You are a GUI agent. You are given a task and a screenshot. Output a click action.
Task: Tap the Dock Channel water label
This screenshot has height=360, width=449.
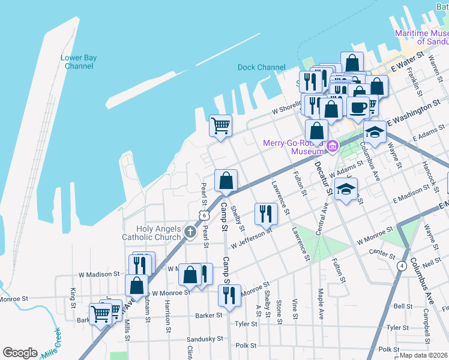click(261, 67)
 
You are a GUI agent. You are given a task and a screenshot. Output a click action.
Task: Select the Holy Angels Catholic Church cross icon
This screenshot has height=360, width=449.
click(190, 231)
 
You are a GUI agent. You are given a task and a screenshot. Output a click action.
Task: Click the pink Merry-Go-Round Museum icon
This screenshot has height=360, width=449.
click(333, 145)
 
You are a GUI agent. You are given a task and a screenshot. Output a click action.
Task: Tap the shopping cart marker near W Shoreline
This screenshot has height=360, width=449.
click(220, 126)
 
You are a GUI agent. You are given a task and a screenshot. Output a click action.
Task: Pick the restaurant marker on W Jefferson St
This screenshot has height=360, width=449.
click(265, 214)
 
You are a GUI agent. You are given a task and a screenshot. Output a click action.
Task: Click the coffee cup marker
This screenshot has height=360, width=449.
click(358, 107)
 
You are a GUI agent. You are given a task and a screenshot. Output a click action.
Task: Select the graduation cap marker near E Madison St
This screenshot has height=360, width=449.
click(346, 189)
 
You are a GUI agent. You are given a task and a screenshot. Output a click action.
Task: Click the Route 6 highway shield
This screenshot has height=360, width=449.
click(205, 215)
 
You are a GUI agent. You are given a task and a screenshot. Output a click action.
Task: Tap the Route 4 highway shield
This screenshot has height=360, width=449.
click(400, 264)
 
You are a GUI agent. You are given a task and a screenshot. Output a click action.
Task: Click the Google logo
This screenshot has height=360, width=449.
click(20, 353)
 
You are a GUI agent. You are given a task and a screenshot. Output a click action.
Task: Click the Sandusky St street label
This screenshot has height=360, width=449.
click(205, 339)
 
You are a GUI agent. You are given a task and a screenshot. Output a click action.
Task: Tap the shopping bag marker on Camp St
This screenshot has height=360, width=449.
click(226, 181)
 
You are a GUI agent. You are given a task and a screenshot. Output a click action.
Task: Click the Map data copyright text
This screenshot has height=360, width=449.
click(423, 355)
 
